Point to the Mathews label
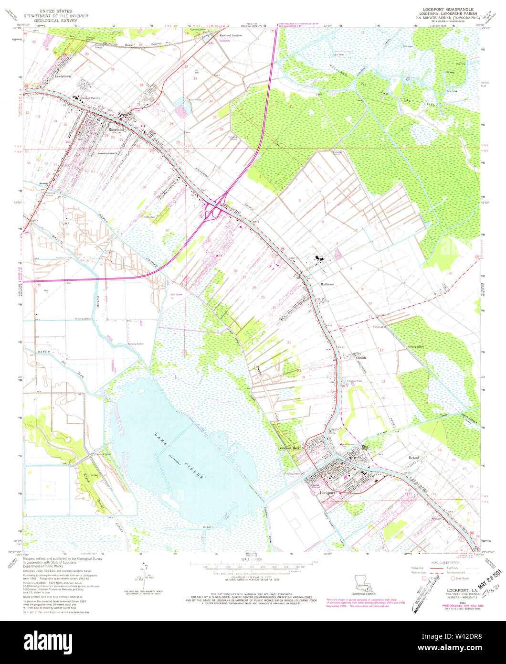[x=327, y=284]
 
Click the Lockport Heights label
[x=291, y=448]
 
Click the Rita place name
[x=365, y=447]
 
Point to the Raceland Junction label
[x=230, y=36]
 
